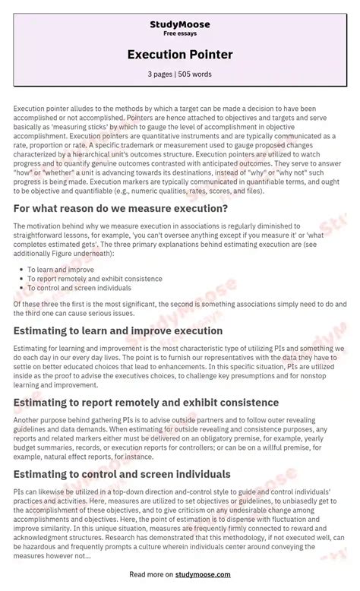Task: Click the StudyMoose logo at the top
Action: (x=180, y=24)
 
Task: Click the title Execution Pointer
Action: (x=180, y=55)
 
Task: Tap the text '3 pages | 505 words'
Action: (x=180, y=74)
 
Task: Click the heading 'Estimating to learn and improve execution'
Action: (x=118, y=330)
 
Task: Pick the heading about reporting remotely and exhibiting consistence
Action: (x=146, y=402)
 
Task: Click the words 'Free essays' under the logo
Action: (x=180, y=34)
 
